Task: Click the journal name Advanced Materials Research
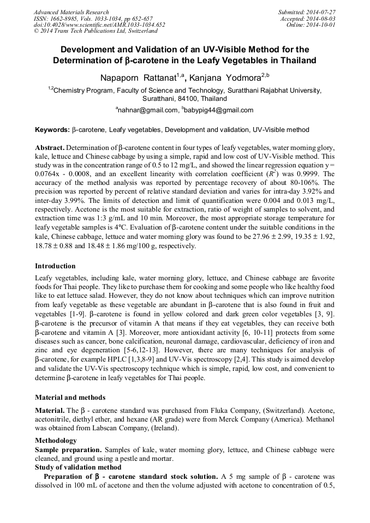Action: click(x=71, y=12)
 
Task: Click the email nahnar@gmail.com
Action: click(x=148, y=110)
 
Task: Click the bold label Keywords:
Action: click(x=52, y=130)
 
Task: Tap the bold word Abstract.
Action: click(x=50, y=148)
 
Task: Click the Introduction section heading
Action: click(x=55, y=266)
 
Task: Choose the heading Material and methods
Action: click(x=70, y=398)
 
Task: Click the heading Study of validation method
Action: click(x=78, y=467)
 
